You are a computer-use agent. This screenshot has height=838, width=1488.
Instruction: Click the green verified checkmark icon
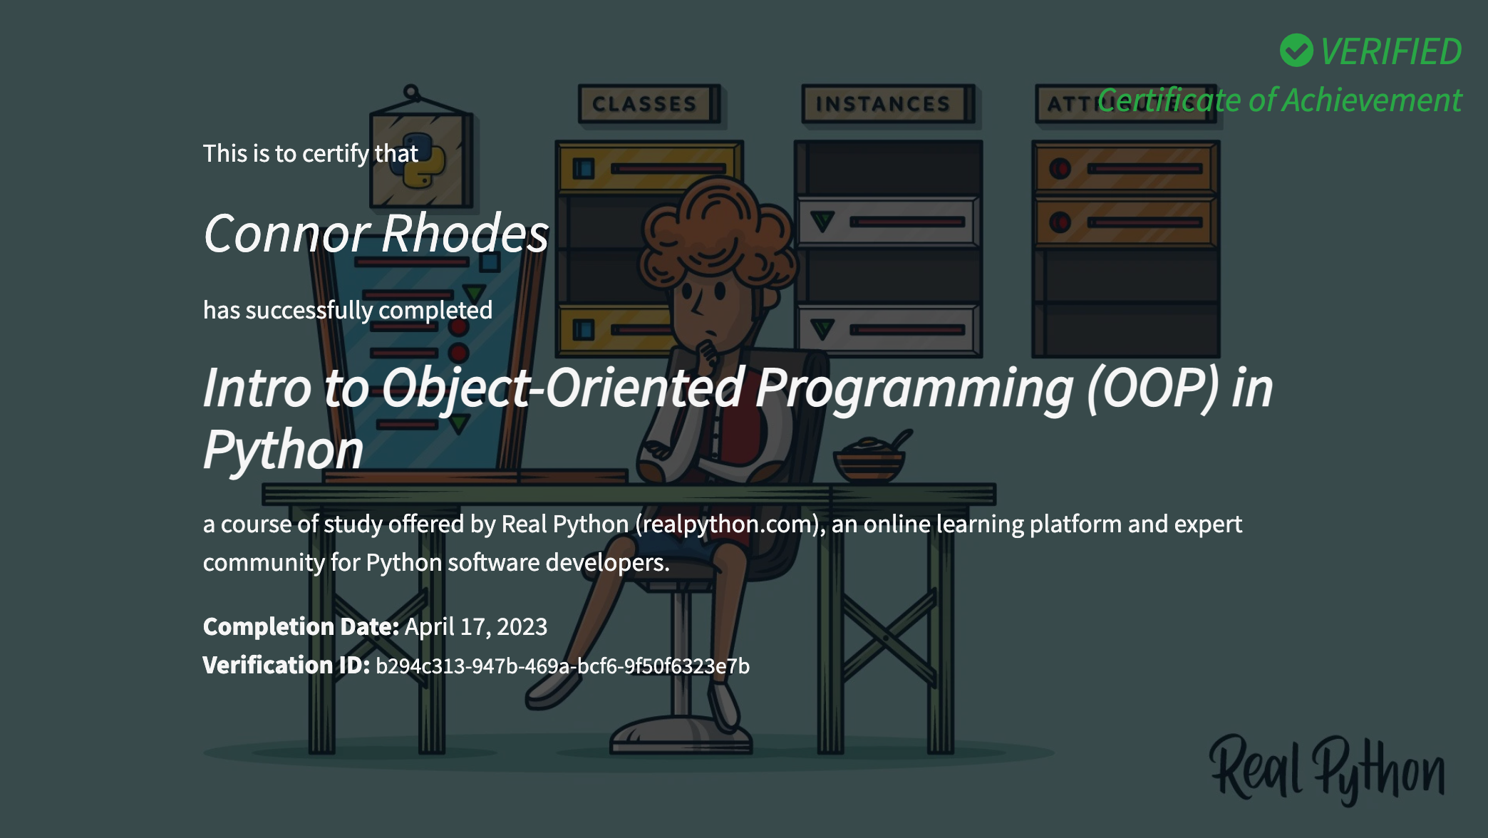(1296, 51)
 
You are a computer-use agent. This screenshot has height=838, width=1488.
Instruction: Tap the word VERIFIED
(1390, 51)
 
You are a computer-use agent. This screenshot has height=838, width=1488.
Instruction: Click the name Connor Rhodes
(376, 233)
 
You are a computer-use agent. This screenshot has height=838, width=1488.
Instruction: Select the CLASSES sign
(648, 104)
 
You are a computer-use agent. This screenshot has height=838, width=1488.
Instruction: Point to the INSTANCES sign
(887, 104)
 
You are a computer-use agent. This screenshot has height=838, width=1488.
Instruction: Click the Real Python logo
(1328, 770)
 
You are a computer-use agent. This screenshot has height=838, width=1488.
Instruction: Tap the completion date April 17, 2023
(476, 626)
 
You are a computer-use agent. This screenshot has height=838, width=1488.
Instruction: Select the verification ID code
(562, 666)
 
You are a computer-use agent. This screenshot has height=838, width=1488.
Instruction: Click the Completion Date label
(301, 626)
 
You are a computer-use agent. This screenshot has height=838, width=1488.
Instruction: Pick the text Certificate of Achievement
(1280, 100)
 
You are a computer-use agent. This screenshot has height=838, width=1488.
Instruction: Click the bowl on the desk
(870, 461)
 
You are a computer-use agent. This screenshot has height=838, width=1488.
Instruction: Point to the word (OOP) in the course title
(1153, 388)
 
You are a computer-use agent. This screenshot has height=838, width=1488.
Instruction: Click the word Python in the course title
(284, 450)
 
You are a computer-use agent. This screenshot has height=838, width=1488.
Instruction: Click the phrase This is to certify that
(311, 154)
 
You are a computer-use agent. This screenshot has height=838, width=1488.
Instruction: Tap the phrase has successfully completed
(348, 311)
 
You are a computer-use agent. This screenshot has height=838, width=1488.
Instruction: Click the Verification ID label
(286, 665)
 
